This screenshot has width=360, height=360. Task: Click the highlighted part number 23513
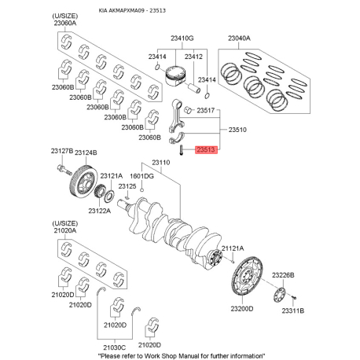coord(206,149)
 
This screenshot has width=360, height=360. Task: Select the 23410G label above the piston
coord(182,39)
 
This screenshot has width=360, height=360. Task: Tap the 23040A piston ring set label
coord(239,39)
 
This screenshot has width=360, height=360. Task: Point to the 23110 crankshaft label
coord(161,163)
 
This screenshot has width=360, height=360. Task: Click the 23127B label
coord(62,151)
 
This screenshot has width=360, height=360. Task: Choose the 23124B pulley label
coord(86,152)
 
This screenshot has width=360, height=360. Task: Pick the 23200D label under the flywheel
coord(242,309)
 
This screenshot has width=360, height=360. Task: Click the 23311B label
coord(293,310)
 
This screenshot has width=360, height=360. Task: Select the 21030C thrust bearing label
coord(115,347)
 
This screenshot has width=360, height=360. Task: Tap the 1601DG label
coord(141,176)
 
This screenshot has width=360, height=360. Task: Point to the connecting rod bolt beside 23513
coord(182,150)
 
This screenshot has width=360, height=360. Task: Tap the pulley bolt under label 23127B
coord(64,169)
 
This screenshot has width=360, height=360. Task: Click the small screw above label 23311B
coord(294,297)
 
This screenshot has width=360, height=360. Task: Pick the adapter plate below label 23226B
coord(280,295)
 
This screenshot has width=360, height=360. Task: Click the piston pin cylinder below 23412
coord(195,88)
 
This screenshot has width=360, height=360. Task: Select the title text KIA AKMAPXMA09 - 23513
coord(132,10)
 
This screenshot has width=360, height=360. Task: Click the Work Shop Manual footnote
coord(182,356)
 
